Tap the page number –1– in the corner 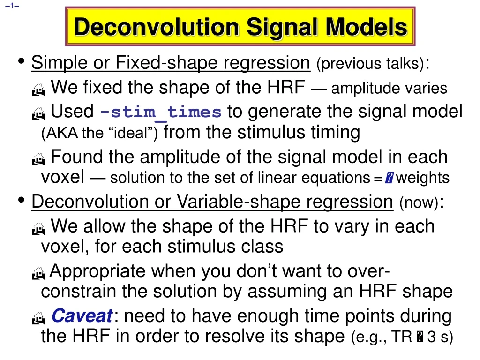pos(13,6)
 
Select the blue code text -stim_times pos(161,112)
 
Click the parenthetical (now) pos(419,203)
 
